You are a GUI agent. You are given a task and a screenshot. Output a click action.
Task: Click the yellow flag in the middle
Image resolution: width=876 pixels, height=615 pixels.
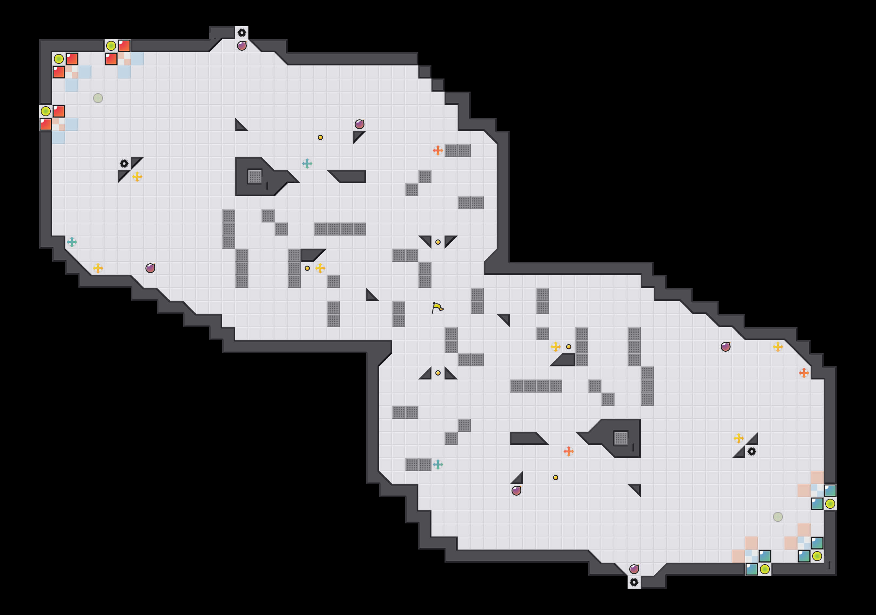[437, 307]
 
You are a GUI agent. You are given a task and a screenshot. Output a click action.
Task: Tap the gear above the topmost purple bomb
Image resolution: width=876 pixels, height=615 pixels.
[242, 33]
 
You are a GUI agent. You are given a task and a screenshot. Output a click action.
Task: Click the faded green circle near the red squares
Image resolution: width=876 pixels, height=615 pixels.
[98, 98]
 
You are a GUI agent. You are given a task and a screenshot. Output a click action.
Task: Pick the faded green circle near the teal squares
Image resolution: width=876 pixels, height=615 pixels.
[778, 517]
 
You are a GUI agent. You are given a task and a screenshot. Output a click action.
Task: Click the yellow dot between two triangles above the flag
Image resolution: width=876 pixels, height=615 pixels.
[438, 242]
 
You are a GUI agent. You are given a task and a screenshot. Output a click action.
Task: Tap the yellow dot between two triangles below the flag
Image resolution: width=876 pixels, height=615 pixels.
[438, 373]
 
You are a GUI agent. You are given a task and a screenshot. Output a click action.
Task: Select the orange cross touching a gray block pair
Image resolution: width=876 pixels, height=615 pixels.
[438, 150]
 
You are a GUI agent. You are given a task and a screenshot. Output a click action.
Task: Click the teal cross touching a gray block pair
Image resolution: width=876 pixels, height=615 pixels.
[438, 464]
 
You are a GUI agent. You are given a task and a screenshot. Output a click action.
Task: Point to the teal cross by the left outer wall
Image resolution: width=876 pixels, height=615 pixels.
[72, 242]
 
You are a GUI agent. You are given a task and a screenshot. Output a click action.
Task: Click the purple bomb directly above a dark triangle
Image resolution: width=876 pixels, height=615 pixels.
[360, 124]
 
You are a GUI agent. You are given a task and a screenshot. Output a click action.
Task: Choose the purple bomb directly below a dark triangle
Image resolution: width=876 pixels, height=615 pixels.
[516, 491]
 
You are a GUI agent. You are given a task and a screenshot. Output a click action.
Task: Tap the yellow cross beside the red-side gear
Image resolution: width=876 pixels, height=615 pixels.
[137, 176]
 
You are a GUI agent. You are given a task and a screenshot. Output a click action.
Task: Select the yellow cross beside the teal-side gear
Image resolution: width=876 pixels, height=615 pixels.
[738, 438]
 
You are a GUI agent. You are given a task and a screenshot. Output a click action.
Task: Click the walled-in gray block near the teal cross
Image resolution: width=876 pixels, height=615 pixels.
[255, 176]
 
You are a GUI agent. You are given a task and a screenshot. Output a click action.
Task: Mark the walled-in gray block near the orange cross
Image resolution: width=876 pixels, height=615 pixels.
[621, 438]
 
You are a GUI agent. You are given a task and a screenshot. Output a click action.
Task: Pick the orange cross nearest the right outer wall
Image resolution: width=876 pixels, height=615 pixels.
[803, 373]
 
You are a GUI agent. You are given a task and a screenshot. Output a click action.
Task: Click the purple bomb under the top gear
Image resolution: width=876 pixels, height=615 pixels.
[242, 46]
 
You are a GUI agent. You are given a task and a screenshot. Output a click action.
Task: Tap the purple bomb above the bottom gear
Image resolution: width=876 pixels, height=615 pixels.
[634, 569]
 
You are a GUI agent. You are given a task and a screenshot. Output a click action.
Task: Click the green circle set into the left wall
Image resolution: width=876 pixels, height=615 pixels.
[46, 111]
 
